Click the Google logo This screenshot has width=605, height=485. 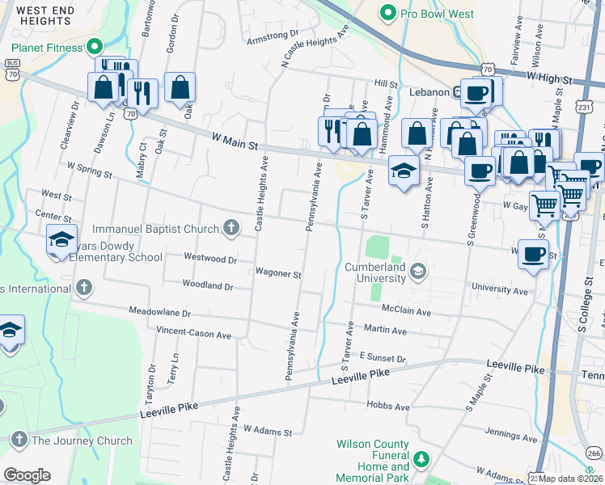point(27,474)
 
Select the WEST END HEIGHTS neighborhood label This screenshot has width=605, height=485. point(46,15)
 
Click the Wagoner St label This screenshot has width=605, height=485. point(278,273)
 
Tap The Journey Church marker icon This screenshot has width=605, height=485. point(19,441)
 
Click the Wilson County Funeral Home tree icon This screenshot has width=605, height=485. point(421,460)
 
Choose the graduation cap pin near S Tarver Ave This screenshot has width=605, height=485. point(403,170)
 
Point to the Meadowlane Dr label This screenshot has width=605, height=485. point(159,312)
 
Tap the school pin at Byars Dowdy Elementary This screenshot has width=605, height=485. point(61,239)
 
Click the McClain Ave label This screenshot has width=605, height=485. point(408,311)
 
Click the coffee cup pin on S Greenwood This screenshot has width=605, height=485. point(480,171)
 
